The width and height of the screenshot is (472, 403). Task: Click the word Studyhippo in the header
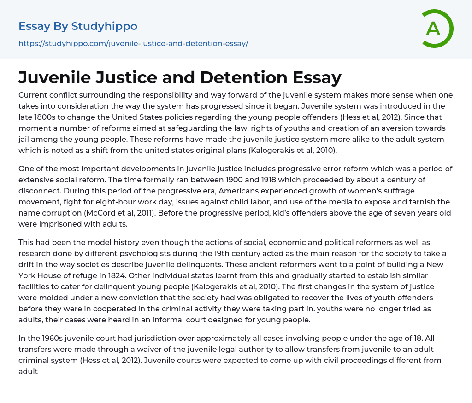click(x=104, y=26)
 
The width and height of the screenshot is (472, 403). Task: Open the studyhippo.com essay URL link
click(x=133, y=44)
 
